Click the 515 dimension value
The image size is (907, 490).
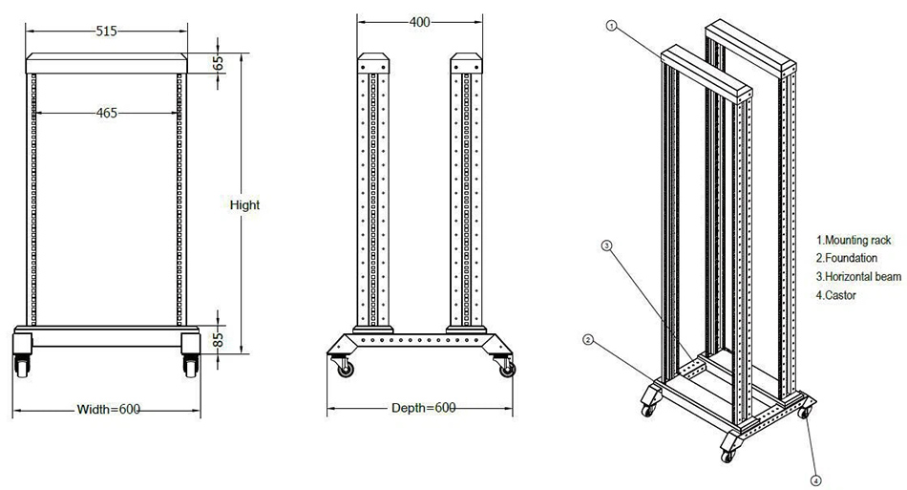pyautogui.click(x=106, y=32)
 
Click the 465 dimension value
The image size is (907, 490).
pyautogui.click(x=107, y=113)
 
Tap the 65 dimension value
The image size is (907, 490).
pyautogui.click(x=218, y=64)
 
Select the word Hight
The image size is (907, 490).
pyautogui.click(x=245, y=204)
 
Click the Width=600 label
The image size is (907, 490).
pyautogui.click(x=108, y=410)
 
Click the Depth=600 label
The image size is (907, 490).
pyautogui.click(x=423, y=409)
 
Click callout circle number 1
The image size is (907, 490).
pyautogui.click(x=612, y=27)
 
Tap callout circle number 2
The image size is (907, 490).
pyautogui.click(x=589, y=339)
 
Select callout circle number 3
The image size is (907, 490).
pyautogui.click(x=606, y=245)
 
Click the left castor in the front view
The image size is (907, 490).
pyautogui.click(x=22, y=363)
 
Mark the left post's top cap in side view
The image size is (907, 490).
pyautogui.click(x=374, y=65)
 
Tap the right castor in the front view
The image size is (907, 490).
pyautogui.click(x=191, y=363)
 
